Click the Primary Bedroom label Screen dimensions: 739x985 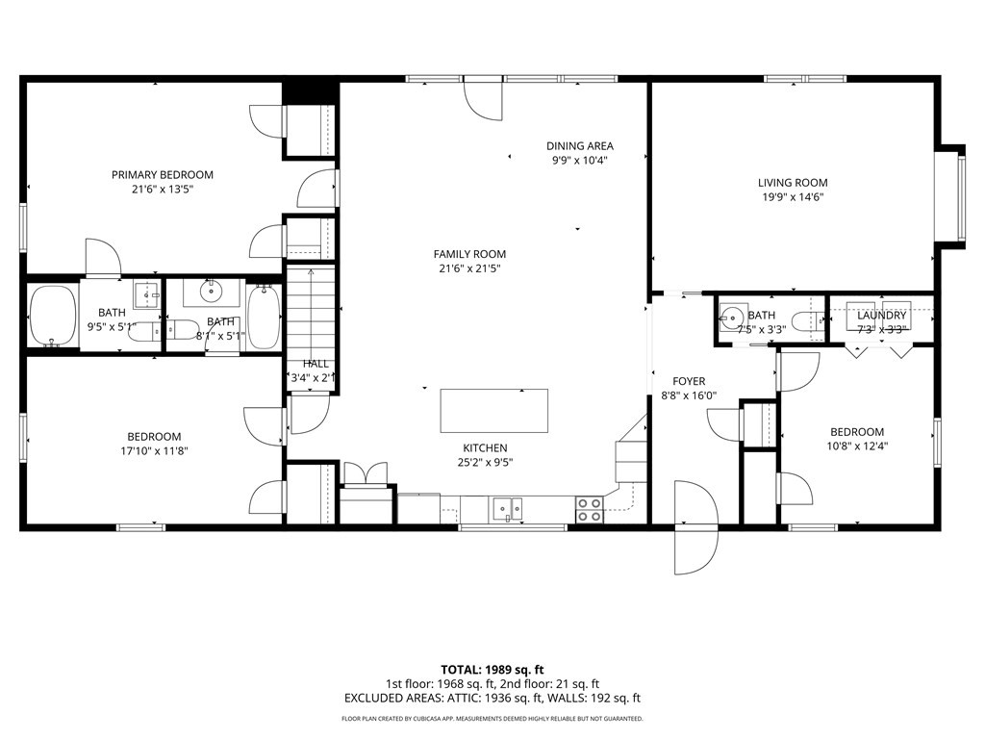(x=162, y=174)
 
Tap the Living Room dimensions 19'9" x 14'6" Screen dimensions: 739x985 (x=792, y=196)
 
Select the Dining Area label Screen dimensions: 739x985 (x=580, y=146)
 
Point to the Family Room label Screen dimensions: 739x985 (x=468, y=254)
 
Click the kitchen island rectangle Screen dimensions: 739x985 (x=494, y=411)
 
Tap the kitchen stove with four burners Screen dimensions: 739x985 (x=589, y=510)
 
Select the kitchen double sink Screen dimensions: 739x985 (x=506, y=508)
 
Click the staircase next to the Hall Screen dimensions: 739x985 (x=310, y=313)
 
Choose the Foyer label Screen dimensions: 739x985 (x=689, y=381)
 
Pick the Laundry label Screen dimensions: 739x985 (x=881, y=316)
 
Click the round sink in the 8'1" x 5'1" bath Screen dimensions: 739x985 (x=212, y=291)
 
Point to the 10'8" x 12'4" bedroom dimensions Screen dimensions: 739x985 (x=856, y=446)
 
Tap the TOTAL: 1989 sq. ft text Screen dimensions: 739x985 (x=492, y=669)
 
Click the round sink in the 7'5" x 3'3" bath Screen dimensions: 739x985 (x=732, y=317)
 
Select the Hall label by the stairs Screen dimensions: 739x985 (x=316, y=364)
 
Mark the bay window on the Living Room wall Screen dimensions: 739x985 (x=958, y=196)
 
